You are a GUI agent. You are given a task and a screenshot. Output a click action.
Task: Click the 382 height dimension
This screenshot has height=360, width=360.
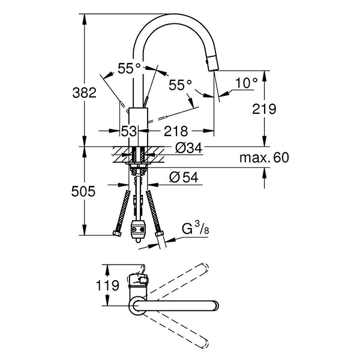[x=84, y=93]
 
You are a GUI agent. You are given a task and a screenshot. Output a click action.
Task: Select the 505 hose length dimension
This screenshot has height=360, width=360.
[x=83, y=191]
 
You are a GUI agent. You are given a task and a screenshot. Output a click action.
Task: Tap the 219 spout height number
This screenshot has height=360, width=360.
[x=264, y=109]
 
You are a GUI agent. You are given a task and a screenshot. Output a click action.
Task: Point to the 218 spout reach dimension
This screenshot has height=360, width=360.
[x=176, y=131]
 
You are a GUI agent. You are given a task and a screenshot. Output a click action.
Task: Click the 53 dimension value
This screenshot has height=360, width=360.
[x=129, y=131]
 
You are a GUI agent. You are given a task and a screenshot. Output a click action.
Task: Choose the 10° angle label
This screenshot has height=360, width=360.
[x=247, y=83]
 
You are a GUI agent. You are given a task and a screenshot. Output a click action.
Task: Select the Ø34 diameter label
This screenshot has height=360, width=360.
[x=189, y=148]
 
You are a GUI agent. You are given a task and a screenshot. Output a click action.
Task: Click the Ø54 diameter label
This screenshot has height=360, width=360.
[x=184, y=177]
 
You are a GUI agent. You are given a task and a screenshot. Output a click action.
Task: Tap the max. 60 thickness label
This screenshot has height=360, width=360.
[x=264, y=158]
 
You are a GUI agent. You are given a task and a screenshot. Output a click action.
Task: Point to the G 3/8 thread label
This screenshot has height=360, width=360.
[x=196, y=229]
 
